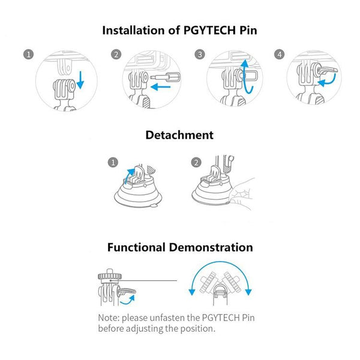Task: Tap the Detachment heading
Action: tap(179, 135)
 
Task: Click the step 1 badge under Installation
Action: tap(28, 55)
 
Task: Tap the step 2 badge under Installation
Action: tap(116, 55)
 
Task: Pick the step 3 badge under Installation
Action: tap(200, 55)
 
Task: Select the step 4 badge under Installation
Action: tap(278, 55)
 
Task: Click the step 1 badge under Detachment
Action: tap(112, 163)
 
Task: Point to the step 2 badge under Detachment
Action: tap(196, 163)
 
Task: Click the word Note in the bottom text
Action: tap(109, 317)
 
